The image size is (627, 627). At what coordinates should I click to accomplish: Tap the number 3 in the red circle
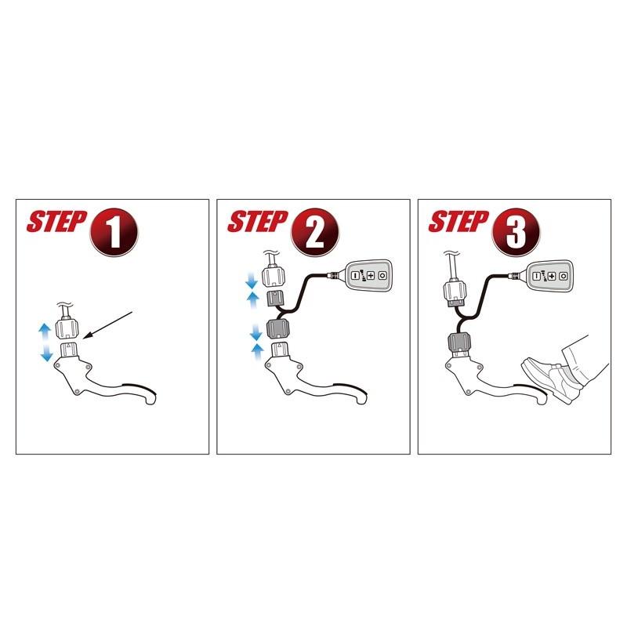pos(516,234)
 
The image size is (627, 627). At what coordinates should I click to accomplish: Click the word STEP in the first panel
pos(56,222)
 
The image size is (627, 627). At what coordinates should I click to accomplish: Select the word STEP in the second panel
pos(258,222)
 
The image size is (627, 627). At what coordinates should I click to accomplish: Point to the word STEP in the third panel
pos(458,222)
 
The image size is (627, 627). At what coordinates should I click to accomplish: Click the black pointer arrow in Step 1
pos(108,325)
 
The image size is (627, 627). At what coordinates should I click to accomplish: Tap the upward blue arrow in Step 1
pos(45,332)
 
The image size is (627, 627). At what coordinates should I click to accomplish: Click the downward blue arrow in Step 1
pos(47,352)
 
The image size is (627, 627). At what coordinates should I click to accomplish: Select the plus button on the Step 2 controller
pos(371,275)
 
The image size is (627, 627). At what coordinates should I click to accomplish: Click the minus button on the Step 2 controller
pos(355,276)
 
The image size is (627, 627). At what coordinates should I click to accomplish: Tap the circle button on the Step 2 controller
pos(382,276)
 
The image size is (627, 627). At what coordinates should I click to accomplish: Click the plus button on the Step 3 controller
pos(552,276)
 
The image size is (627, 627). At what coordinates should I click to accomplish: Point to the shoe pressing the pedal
pos(551,379)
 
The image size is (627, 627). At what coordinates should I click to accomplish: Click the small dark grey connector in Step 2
pos(275,299)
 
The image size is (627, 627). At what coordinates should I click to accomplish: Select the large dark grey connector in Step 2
pos(277,328)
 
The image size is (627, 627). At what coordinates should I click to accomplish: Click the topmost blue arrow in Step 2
pos(251,281)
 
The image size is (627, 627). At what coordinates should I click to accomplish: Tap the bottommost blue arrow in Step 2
pos(258,353)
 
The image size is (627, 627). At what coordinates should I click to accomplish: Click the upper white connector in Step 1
pos(67,327)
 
